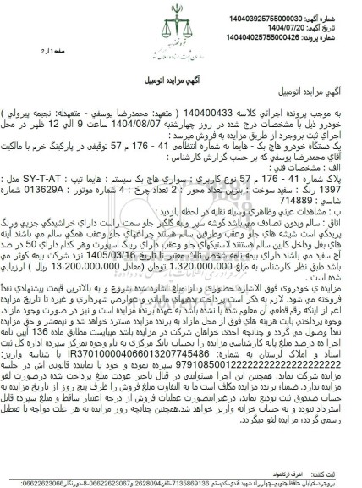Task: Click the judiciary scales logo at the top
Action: [x=179, y=36]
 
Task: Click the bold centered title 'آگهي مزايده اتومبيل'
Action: [x=181, y=69]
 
